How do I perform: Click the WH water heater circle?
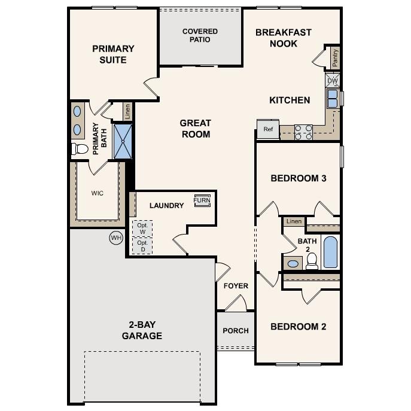point(115,238)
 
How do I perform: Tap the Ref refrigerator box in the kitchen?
point(268,129)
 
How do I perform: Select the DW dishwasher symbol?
point(333,80)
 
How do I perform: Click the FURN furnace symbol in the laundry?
point(202,201)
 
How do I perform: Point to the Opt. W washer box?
point(142,229)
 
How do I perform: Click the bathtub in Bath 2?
point(330,252)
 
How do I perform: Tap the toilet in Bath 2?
point(311,260)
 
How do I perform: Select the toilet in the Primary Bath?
point(80,148)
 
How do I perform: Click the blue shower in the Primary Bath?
point(123,141)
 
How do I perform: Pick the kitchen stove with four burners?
point(303,132)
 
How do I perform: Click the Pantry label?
point(335,58)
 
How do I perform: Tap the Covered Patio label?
point(200,35)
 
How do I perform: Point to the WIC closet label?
point(98,193)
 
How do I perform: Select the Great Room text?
point(195,129)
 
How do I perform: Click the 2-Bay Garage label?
point(142,330)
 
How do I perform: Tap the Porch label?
point(236,331)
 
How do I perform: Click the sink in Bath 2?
point(293,263)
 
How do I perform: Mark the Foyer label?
point(236,286)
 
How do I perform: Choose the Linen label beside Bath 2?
point(294,221)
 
